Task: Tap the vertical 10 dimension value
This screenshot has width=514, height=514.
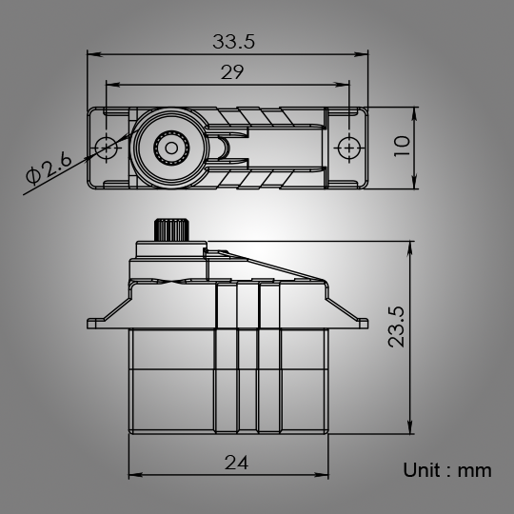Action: [x=401, y=146]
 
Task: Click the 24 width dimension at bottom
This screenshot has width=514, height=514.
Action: [x=237, y=463]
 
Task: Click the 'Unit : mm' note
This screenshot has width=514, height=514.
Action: [x=446, y=470]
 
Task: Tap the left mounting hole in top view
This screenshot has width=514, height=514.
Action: [x=107, y=147]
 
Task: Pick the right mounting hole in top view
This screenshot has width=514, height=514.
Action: [x=350, y=148]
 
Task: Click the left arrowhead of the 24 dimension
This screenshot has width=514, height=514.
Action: [x=131, y=474]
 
